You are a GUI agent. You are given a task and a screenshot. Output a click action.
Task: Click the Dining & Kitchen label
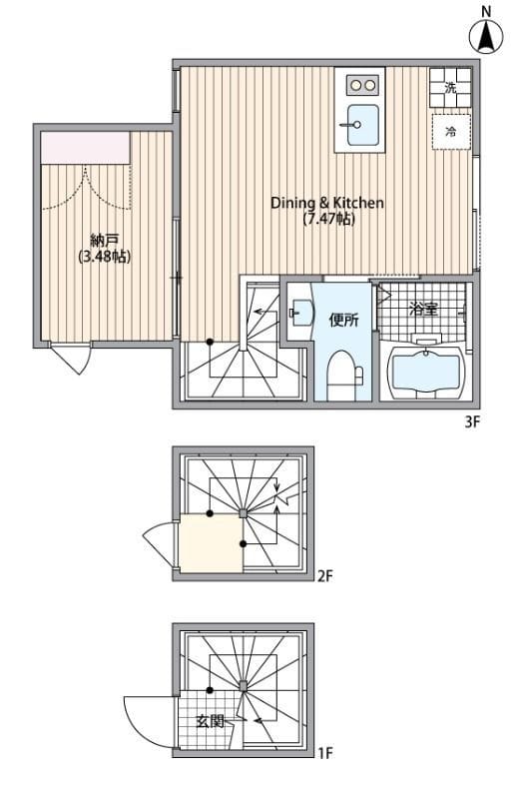(x=327, y=203)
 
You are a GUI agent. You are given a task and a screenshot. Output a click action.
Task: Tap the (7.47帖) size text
(x=328, y=219)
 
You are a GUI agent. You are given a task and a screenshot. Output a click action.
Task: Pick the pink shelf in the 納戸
(x=86, y=148)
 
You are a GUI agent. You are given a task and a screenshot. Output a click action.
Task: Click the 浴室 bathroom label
(x=424, y=310)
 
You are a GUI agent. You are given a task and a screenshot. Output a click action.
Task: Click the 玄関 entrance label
(x=210, y=721)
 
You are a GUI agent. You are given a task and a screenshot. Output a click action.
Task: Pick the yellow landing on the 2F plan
(x=211, y=543)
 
